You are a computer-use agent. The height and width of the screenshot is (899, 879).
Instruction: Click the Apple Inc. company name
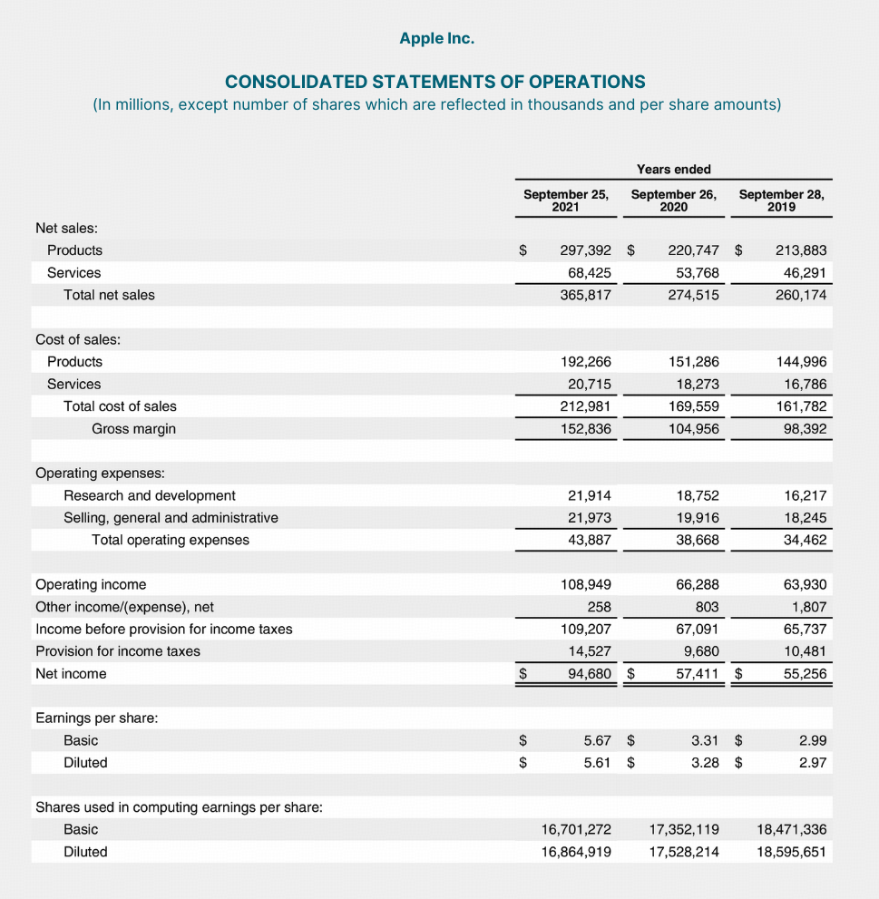click(x=436, y=38)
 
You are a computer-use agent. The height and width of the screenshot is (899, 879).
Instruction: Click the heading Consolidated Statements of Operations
click(x=435, y=82)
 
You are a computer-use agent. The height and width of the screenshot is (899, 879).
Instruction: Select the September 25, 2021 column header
click(x=566, y=200)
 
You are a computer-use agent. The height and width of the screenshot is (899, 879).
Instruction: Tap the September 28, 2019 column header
click(x=781, y=200)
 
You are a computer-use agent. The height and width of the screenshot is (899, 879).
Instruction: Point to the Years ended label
click(x=673, y=169)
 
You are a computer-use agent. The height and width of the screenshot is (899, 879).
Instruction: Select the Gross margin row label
click(x=133, y=428)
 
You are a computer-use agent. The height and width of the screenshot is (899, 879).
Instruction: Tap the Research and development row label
click(x=149, y=495)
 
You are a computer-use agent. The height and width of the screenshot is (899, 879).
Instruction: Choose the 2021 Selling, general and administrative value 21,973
click(x=589, y=518)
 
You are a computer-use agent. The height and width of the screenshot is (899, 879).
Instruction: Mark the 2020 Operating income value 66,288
click(x=697, y=584)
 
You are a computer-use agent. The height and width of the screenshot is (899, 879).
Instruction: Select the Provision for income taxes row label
click(x=118, y=651)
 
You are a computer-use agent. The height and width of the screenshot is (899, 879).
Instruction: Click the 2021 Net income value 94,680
click(x=589, y=674)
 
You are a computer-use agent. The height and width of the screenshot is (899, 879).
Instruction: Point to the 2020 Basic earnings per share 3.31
click(x=705, y=740)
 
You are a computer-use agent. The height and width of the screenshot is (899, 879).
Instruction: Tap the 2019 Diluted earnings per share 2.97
click(x=812, y=763)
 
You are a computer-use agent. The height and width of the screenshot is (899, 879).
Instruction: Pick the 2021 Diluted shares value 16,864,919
click(x=576, y=852)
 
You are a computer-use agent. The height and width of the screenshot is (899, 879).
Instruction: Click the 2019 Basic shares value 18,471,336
click(x=791, y=829)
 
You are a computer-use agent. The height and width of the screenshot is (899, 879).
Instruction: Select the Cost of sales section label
click(x=78, y=339)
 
